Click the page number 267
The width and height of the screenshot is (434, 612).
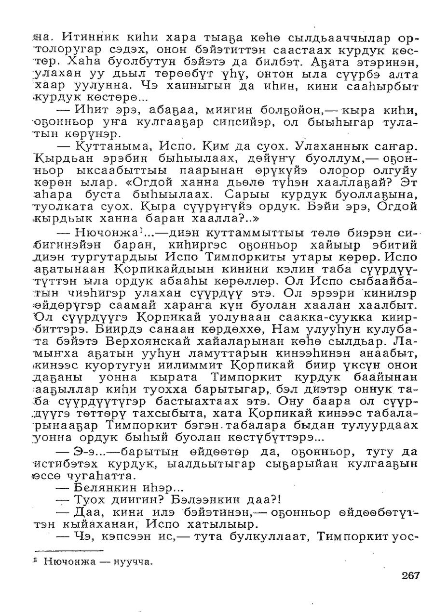click(x=410, y=575)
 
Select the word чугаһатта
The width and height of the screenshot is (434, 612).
click(x=99, y=476)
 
